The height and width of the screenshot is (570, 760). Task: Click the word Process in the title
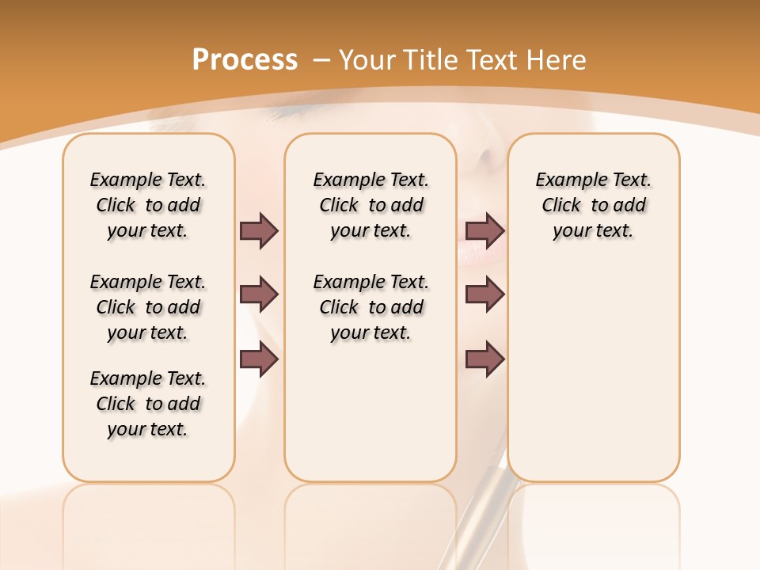click(245, 60)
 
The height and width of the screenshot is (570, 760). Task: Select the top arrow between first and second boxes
click(259, 230)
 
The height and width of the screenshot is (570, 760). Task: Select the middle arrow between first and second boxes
click(259, 294)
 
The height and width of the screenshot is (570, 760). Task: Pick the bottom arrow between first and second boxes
click(259, 359)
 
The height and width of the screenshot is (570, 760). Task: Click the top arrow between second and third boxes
click(484, 230)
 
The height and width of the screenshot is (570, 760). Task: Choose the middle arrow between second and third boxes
click(484, 294)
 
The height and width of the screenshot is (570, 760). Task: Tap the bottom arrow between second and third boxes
click(484, 359)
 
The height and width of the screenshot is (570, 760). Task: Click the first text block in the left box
click(148, 205)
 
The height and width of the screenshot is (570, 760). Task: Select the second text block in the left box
click(148, 307)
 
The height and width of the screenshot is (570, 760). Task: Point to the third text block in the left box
click(148, 404)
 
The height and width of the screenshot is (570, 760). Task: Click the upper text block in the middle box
click(370, 205)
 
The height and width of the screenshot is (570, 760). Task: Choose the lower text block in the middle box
click(370, 307)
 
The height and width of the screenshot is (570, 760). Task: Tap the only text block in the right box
click(594, 205)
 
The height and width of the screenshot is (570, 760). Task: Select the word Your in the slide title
click(366, 60)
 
